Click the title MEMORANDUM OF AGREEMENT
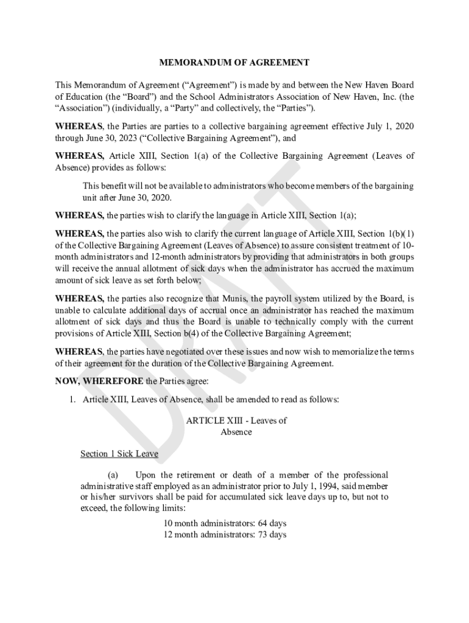pos(234,63)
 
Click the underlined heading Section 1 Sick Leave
pos(119,454)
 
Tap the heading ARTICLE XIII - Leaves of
pos(236,420)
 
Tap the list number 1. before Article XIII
pos(72,400)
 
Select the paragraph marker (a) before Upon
pos(113,475)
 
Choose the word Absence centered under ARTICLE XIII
pos(236,432)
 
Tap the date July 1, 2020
pos(387,127)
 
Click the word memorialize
pos(368,352)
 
